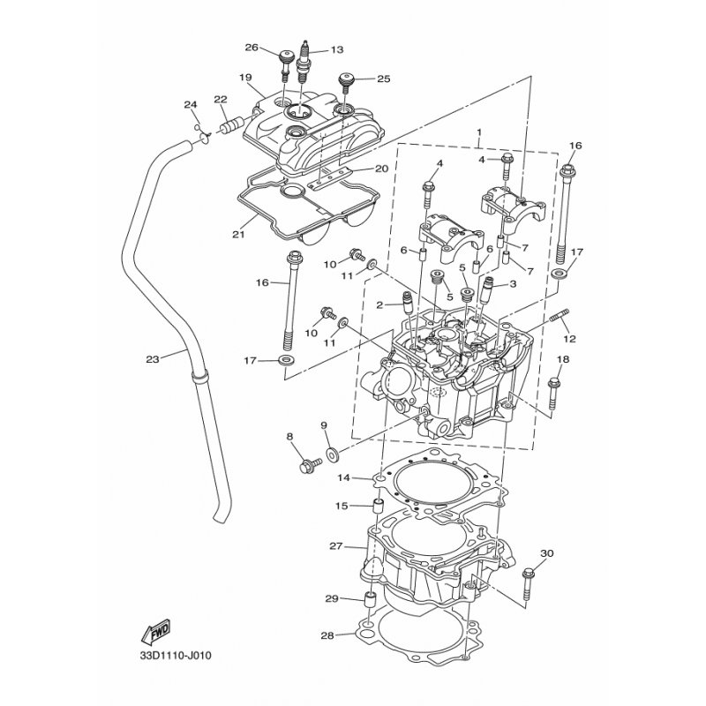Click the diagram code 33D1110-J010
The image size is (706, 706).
point(176,656)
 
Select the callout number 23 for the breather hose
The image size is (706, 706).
point(152,359)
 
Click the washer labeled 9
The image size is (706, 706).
point(332,454)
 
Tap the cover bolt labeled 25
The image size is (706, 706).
point(347,84)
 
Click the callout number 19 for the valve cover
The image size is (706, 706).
point(245,77)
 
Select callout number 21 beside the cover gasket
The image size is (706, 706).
point(237,234)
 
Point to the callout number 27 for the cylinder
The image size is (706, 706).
point(335,547)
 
